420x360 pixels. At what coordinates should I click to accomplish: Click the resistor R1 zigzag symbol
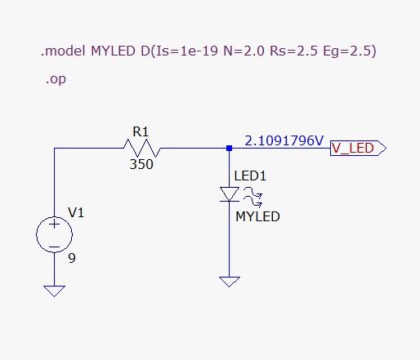(x=141, y=149)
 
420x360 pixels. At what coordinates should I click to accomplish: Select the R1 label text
(x=142, y=131)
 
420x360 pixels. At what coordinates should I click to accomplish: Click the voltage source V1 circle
(x=54, y=235)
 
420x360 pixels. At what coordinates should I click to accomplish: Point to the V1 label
(x=76, y=212)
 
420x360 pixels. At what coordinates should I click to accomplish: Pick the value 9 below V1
(x=71, y=259)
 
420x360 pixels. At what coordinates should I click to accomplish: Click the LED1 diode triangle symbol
(x=230, y=194)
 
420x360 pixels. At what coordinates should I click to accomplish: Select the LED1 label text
(x=250, y=176)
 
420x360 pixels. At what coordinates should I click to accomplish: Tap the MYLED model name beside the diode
(x=257, y=217)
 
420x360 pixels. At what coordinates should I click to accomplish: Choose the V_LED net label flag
(x=356, y=149)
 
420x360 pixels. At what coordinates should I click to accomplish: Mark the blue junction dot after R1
(x=230, y=149)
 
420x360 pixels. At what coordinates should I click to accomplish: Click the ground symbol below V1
(x=54, y=289)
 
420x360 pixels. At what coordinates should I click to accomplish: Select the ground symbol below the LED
(x=230, y=281)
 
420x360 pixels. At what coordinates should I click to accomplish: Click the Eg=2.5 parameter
(x=355, y=51)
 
